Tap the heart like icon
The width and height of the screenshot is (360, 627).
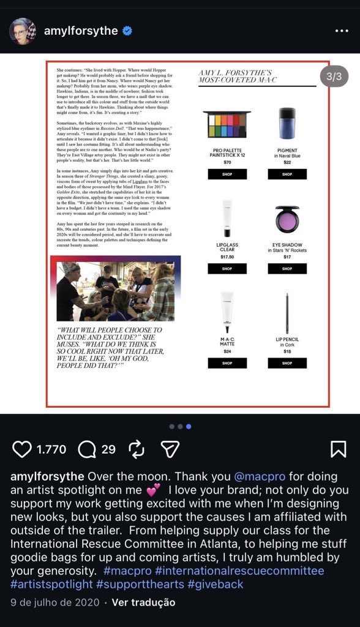pos(22,449)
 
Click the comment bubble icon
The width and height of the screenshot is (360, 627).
pos(87,449)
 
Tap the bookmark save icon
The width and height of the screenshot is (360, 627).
pos(338,449)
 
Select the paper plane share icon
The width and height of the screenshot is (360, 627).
pos(170,449)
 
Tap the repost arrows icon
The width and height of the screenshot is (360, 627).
pos(136,449)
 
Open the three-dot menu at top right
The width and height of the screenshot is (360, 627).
pos(341,31)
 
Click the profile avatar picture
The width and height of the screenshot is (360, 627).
pos(23,31)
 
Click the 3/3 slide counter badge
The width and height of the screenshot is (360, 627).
pos(334,77)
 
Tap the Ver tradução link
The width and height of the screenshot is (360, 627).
pos(143,602)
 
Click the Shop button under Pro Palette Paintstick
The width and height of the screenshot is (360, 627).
pos(227,175)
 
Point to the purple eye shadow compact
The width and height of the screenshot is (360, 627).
pos(287,219)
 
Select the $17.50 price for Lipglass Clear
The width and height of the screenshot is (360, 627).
pos(227,257)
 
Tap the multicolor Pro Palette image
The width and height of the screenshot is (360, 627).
pos(227,124)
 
